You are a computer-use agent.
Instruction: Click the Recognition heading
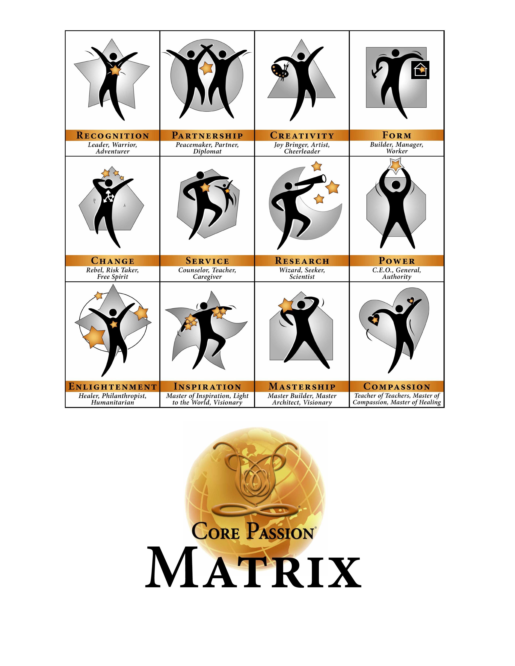112,135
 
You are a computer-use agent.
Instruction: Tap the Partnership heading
207,135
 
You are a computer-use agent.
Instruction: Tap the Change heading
112,261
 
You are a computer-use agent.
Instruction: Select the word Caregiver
207,277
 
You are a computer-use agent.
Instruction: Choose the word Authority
397,277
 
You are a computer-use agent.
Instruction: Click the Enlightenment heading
112,387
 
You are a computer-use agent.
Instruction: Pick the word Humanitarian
112,403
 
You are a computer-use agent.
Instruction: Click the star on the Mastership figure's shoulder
286,306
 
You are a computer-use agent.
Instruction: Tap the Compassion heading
397,387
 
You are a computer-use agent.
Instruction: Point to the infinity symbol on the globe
259,510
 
